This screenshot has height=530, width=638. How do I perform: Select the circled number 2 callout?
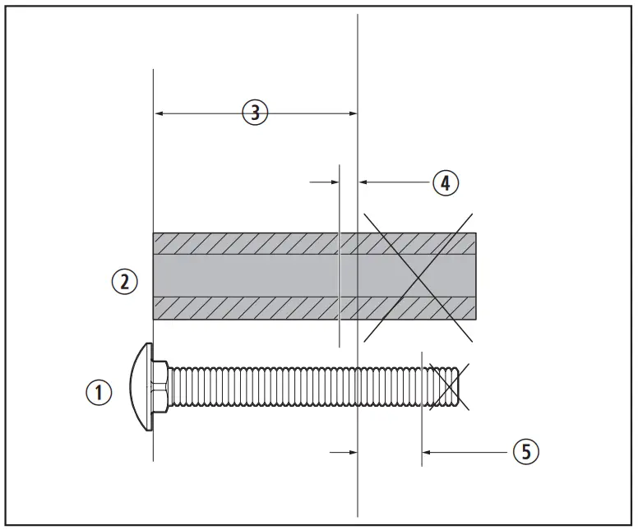pyautogui.click(x=124, y=282)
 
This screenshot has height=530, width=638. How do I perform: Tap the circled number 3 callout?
pyautogui.click(x=255, y=113)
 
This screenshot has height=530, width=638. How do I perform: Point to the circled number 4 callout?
pyautogui.click(x=445, y=182)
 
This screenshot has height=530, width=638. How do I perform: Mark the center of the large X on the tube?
pyautogui.click(x=417, y=275)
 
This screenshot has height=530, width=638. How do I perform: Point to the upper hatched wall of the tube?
pyautogui.click(x=247, y=243)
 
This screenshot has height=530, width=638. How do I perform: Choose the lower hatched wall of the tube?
pyautogui.click(x=247, y=307)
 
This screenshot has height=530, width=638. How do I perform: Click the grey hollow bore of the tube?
pyautogui.click(x=247, y=275)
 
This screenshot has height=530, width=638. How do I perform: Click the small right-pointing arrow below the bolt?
pyautogui.click(x=353, y=451)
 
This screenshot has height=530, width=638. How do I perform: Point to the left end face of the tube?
pyautogui.click(x=154, y=275)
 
